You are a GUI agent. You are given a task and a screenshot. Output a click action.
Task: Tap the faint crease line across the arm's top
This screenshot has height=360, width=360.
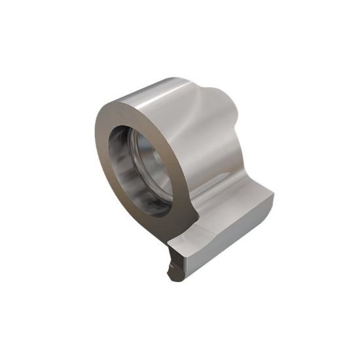click(209, 226)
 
